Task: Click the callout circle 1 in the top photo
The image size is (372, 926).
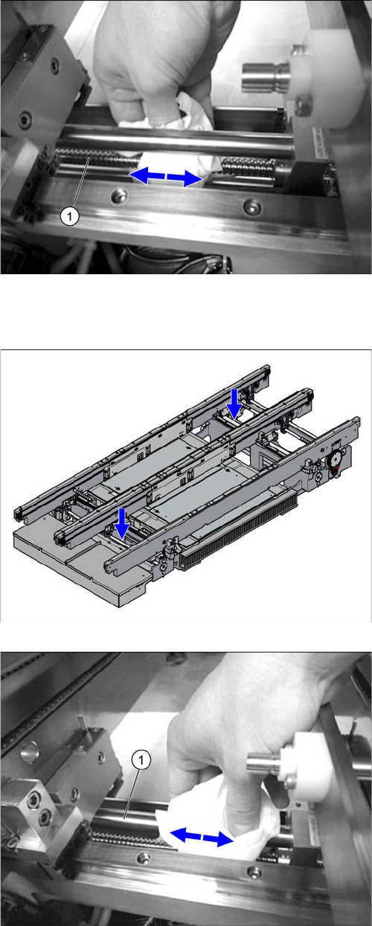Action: click(x=69, y=216)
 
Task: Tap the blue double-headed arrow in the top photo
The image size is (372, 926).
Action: click(x=167, y=177)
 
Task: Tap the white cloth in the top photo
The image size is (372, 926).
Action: click(x=174, y=140)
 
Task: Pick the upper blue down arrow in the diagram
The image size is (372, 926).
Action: click(x=234, y=403)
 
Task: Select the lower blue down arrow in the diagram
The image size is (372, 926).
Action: click(x=122, y=523)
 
